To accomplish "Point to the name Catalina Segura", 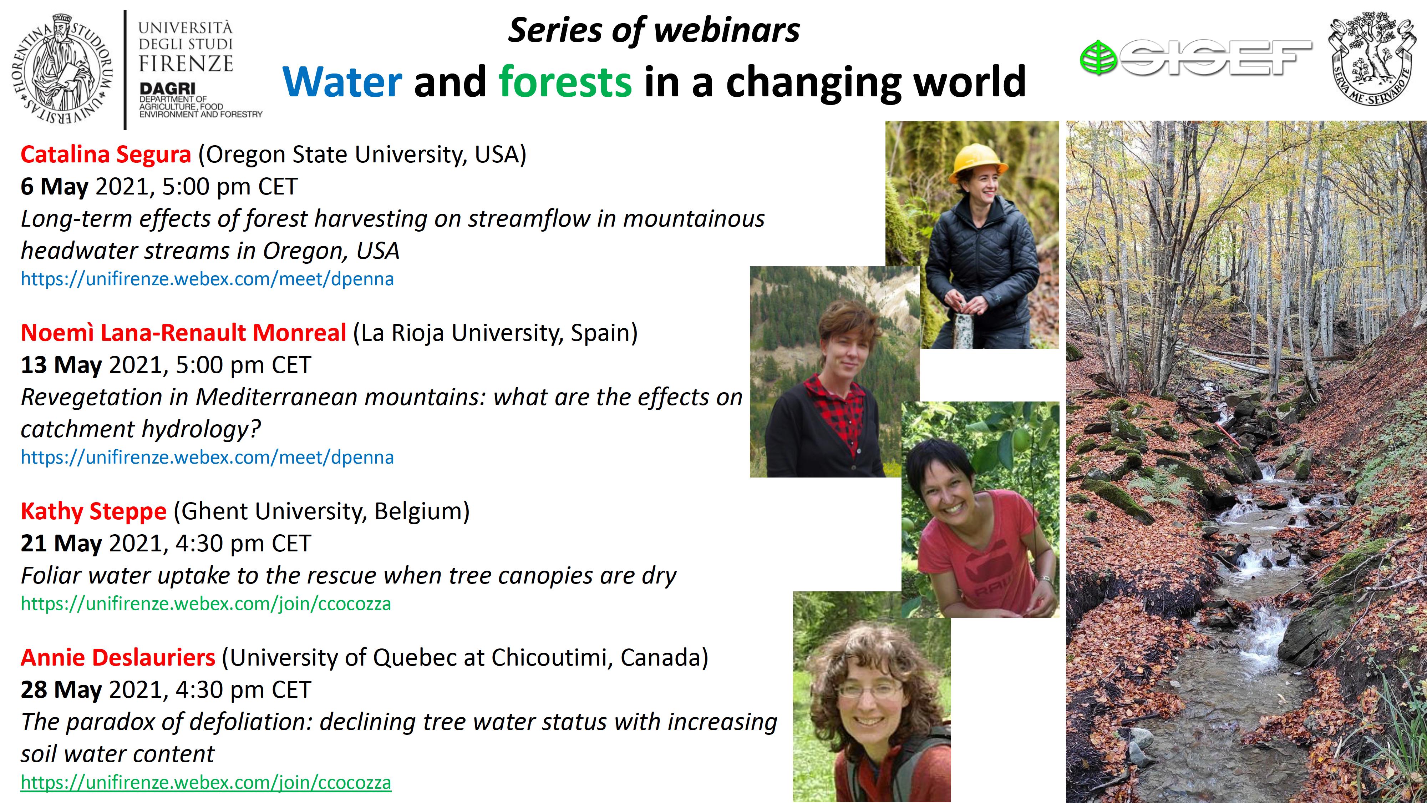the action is pos(106,155).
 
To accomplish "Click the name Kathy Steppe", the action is pos(93,511).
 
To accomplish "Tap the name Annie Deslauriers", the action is pos(118,658).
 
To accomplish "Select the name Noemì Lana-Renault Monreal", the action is pos(183,333).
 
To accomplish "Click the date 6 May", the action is pos(54,187).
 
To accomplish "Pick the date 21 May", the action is pos(61,544).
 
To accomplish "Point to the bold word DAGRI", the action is pos(167,89).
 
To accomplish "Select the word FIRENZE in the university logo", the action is pos(186,64).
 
